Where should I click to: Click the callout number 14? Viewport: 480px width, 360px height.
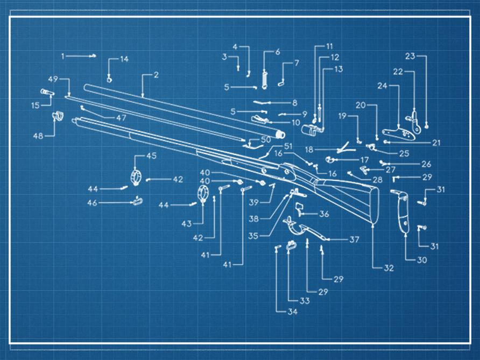pyautogui.click(x=124, y=59)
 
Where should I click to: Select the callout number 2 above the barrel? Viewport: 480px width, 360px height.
pyautogui.click(x=156, y=75)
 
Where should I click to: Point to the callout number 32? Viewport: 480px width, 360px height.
pyautogui.click(x=389, y=267)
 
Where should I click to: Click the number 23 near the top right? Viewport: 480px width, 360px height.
pyautogui.click(x=410, y=57)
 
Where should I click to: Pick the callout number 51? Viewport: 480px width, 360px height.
pyautogui.click(x=288, y=146)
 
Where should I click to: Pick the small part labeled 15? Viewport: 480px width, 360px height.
pyautogui.click(x=47, y=93)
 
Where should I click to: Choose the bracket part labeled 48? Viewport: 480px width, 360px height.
pyautogui.click(x=57, y=116)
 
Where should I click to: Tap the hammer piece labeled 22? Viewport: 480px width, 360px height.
pyautogui.click(x=413, y=116)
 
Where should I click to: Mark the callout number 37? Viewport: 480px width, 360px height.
pyautogui.click(x=354, y=240)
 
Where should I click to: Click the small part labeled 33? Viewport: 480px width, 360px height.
pyautogui.click(x=292, y=246)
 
